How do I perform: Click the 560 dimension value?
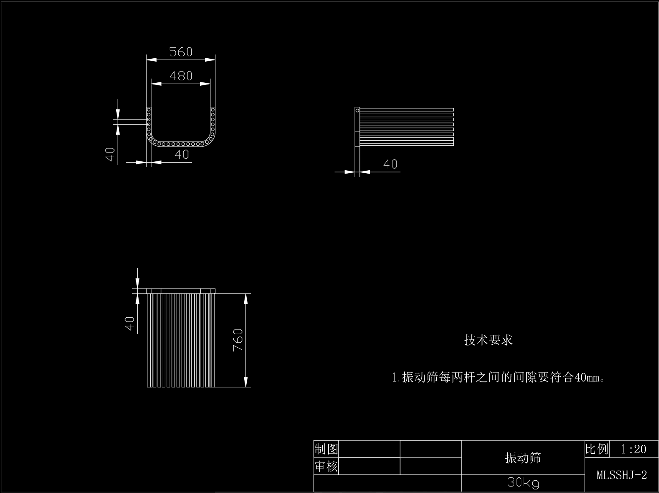click(181, 52)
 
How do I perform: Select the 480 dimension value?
click(181, 76)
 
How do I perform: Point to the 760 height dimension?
click(238, 340)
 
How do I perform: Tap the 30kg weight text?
click(523, 482)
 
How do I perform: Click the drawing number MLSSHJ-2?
click(621, 475)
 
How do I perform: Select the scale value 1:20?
click(634, 449)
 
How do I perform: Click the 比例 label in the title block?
click(597, 449)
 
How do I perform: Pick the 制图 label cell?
click(326, 449)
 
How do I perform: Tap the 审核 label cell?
click(326, 466)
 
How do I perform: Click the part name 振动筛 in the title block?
click(523, 458)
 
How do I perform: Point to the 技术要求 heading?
click(488, 340)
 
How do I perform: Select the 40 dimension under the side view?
click(390, 164)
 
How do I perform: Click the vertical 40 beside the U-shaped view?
click(110, 154)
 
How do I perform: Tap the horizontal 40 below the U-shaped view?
click(182, 155)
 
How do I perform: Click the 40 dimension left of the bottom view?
click(130, 324)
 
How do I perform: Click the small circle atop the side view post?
click(357, 111)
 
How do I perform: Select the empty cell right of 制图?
click(370, 449)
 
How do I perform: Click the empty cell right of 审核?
click(370, 466)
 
